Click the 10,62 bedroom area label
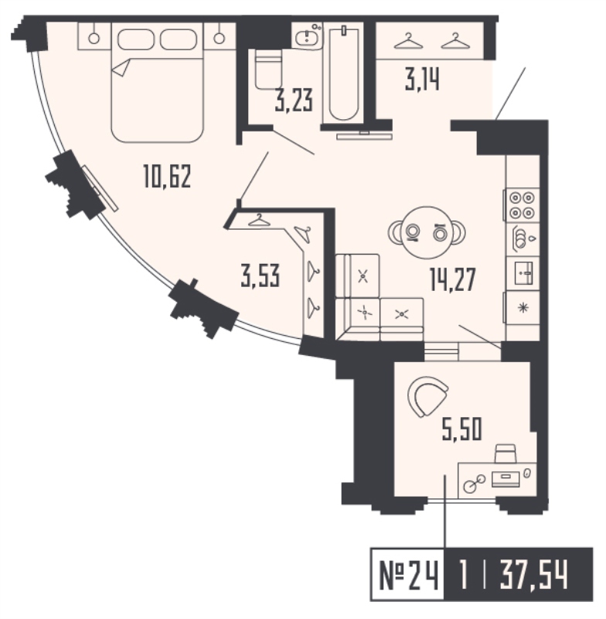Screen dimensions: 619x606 [166, 179]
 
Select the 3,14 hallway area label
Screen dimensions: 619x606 [423, 80]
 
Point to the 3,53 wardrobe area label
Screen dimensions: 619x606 [259, 276]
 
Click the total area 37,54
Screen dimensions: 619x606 [533, 576]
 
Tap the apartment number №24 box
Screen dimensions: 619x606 [407, 576]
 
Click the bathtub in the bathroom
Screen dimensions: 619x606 [342, 73]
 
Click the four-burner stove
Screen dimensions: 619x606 [521, 204]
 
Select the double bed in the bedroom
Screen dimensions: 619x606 [157, 81]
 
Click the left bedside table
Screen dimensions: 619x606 [93, 36]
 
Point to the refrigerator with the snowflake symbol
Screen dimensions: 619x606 [522, 307]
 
